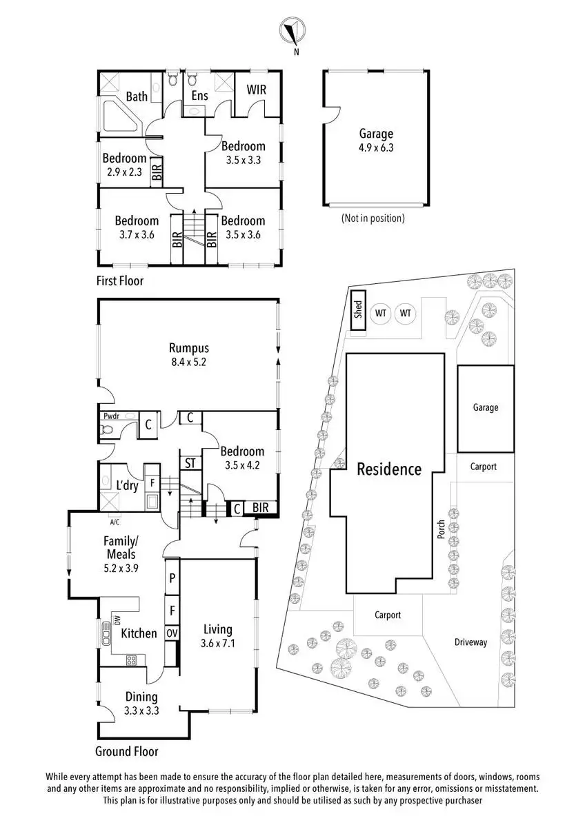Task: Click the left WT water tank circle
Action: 380,314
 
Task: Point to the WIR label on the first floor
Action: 256,90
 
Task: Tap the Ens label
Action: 199,96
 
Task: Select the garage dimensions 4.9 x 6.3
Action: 376,147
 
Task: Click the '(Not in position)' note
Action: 373,218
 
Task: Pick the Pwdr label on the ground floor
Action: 111,416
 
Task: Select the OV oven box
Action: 172,633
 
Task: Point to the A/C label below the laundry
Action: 115,522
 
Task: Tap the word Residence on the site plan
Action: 389,469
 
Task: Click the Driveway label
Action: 470,642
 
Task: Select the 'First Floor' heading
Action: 120,281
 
